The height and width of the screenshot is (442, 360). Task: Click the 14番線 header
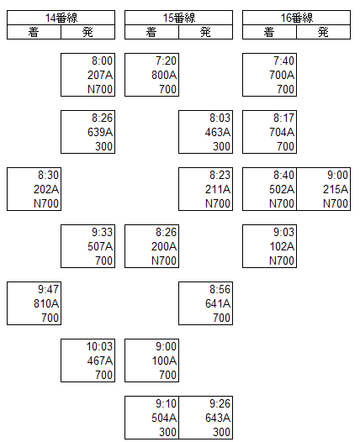pyautogui.click(x=61, y=18)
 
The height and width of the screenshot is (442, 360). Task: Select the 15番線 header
pyautogui.click(x=179, y=18)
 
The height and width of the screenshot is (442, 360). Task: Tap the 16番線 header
pyautogui.click(x=297, y=18)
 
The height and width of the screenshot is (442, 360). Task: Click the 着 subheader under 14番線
pyautogui.click(x=34, y=32)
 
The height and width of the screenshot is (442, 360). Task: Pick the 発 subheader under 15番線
pyautogui.click(x=205, y=32)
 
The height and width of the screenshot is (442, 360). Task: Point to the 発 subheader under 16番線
pyautogui.click(x=323, y=32)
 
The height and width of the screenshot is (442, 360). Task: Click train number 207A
pyautogui.click(x=100, y=75)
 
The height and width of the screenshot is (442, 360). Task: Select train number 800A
pyautogui.click(x=164, y=75)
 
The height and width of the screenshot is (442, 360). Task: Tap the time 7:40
pyautogui.click(x=283, y=61)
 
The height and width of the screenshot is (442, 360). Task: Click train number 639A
pyautogui.click(x=100, y=132)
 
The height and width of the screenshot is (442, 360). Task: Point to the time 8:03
pyautogui.click(x=220, y=118)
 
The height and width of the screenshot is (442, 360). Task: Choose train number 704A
pyautogui.click(x=282, y=132)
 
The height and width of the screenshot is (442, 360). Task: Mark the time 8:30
pyautogui.click(x=49, y=175)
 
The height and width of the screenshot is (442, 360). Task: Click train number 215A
pyautogui.click(x=336, y=189)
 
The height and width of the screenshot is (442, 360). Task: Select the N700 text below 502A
pyautogui.click(x=282, y=203)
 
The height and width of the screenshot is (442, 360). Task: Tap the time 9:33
pyautogui.click(x=102, y=232)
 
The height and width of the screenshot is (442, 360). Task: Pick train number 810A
pyautogui.click(x=46, y=303)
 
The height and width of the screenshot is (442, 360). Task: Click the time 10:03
pyautogui.click(x=99, y=346)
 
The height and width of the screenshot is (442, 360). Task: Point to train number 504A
pyautogui.click(x=164, y=418)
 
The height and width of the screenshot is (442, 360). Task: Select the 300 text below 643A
pyautogui.click(x=222, y=432)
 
